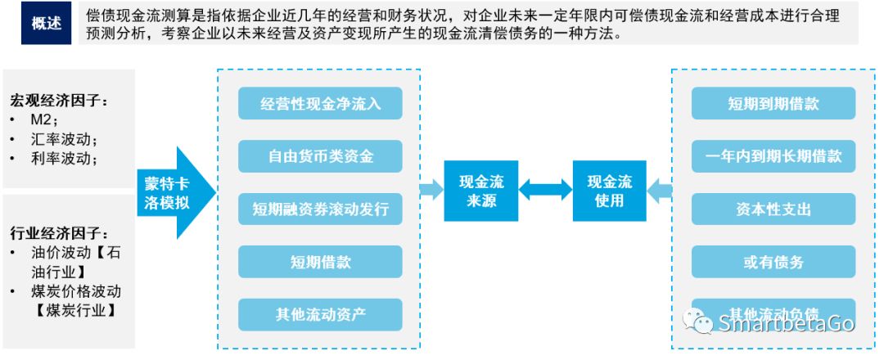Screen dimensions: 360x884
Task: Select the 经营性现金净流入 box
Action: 320,104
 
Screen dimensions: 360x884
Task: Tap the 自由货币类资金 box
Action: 320,156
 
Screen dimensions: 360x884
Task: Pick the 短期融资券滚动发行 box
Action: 320,209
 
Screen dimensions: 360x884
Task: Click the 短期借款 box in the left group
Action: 320,262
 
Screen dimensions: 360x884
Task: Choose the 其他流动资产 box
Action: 320,314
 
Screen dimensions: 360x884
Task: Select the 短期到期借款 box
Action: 773,104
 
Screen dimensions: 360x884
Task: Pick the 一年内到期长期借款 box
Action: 773,156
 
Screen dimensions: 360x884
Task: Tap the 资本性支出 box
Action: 773,209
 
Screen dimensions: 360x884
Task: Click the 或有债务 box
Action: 773,262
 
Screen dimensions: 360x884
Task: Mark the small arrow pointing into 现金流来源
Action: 431,191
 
